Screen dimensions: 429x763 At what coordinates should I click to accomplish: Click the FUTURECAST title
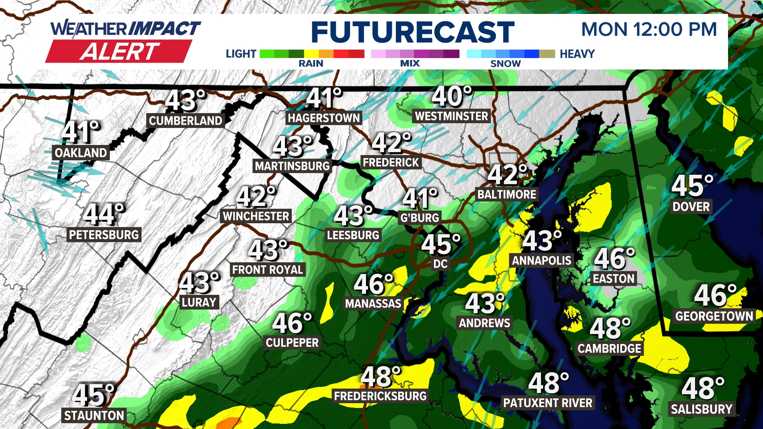click(x=412, y=32)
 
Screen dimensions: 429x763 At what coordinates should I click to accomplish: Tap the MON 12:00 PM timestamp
click(x=649, y=29)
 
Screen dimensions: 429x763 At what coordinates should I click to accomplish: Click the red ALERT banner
click(x=119, y=52)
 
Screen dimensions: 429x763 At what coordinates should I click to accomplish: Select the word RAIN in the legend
click(x=311, y=64)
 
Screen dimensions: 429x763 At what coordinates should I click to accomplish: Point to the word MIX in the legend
click(x=410, y=64)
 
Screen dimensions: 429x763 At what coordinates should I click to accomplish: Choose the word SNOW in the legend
click(x=505, y=64)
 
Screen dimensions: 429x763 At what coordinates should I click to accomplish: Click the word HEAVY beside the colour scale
click(x=577, y=54)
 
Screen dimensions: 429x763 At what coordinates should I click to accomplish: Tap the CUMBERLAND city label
click(x=185, y=120)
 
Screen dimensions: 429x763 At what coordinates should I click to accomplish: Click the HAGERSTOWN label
click(x=324, y=118)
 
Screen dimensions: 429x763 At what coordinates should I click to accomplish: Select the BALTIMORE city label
click(x=507, y=194)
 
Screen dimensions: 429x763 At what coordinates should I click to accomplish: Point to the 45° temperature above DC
click(x=440, y=244)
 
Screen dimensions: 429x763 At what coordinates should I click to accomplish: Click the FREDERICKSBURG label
click(x=380, y=396)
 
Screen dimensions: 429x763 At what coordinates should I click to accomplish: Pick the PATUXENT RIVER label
click(x=548, y=403)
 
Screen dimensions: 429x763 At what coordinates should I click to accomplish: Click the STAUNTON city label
click(x=94, y=415)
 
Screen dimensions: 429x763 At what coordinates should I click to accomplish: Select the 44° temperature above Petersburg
click(x=104, y=214)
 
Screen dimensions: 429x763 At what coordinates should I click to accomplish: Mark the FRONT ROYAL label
click(x=267, y=270)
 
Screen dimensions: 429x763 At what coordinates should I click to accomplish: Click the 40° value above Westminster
click(x=452, y=97)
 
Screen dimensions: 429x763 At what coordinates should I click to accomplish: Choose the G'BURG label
click(x=420, y=218)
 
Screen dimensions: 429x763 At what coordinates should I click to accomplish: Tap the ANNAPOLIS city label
click(x=541, y=261)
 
